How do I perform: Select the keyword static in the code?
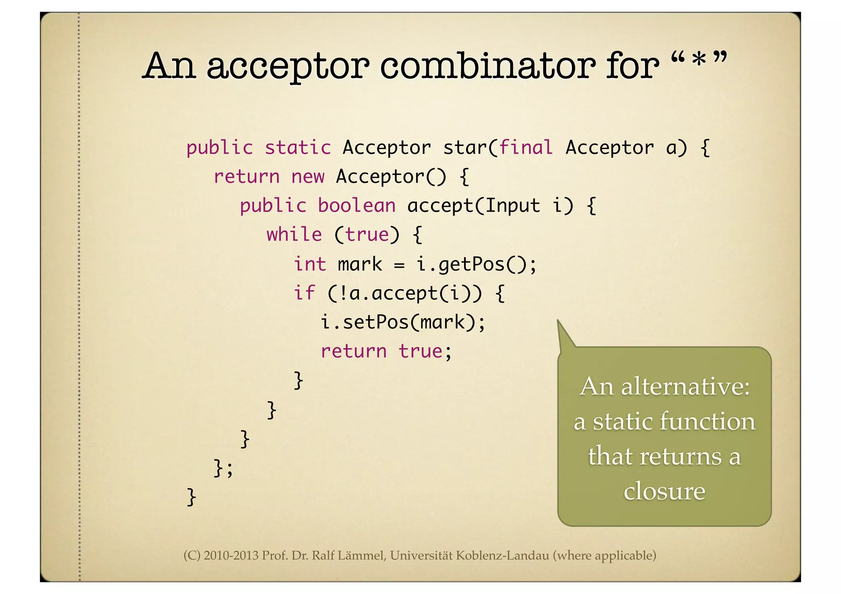(297, 147)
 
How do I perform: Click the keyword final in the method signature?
(526, 147)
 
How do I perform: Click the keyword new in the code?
(308, 177)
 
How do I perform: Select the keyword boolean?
(356, 206)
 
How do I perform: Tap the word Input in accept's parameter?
(512, 206)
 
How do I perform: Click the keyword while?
(294, 235)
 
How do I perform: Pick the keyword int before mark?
(310, 264)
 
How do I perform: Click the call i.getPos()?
(476, 264)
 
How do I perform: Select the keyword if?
(304, 293)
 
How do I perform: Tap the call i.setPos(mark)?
(402, 322)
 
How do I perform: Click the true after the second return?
(420, 351)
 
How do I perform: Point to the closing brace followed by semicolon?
(223, 468)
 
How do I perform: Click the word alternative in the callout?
(685, 387)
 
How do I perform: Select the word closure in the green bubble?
(664, 491)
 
